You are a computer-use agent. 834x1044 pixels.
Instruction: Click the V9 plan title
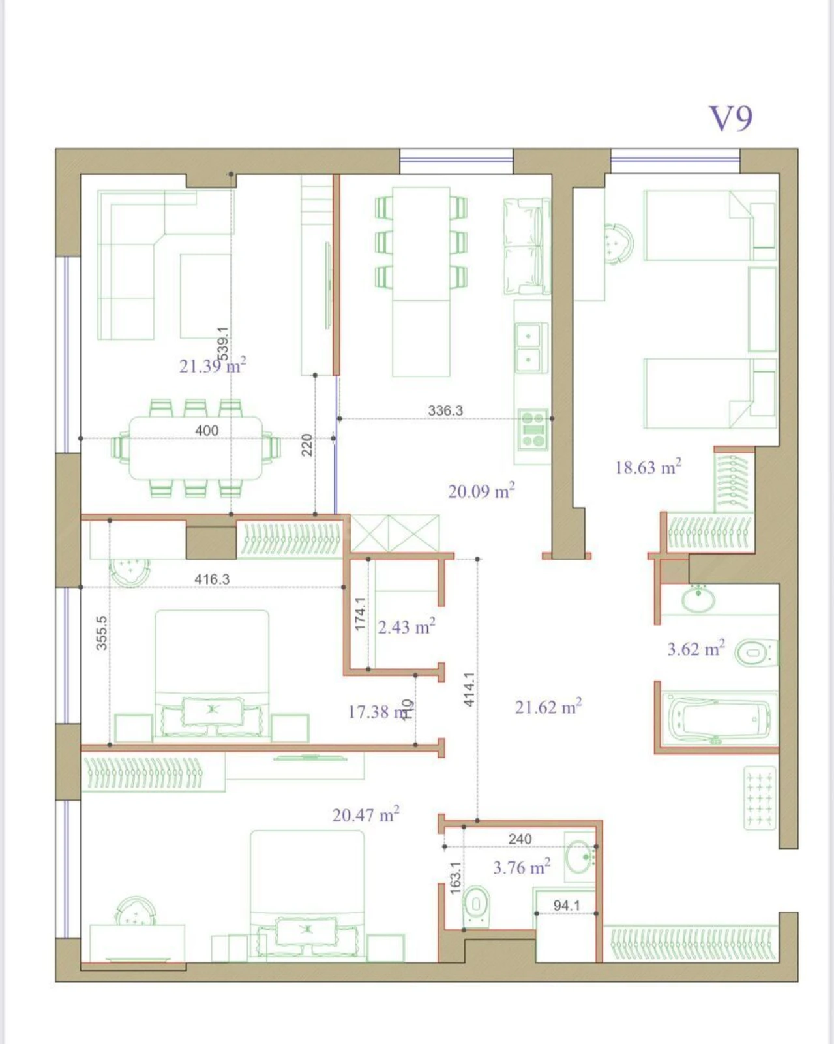730,119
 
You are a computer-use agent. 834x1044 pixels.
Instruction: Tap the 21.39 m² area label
213,365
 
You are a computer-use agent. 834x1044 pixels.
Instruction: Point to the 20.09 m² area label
481,491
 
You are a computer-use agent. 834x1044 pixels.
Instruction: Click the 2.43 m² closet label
406,627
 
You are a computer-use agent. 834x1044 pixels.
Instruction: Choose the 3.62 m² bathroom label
696,649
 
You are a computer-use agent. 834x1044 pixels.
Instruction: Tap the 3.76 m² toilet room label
522,867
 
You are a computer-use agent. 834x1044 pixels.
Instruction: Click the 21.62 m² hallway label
548,707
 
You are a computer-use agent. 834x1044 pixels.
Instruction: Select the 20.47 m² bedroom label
366,815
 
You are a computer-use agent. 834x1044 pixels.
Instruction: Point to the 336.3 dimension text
445,410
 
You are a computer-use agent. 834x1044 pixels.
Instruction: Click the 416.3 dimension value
212,579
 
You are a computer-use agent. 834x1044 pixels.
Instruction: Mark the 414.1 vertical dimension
469,690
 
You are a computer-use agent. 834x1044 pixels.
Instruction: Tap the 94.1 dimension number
566,906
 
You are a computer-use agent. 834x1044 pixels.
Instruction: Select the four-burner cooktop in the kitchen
533,429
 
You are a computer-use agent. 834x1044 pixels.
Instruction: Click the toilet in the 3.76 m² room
476,906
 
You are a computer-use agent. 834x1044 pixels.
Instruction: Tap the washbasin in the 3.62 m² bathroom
698,599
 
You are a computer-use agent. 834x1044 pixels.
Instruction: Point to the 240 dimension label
520,838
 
